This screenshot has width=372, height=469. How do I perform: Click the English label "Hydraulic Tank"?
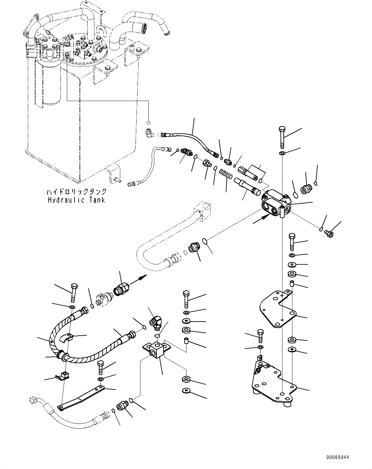(x=76, y=200)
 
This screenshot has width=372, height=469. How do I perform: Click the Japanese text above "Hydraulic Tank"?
(x=76, y=192)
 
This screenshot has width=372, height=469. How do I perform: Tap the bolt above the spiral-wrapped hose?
(x=74, y=292)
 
